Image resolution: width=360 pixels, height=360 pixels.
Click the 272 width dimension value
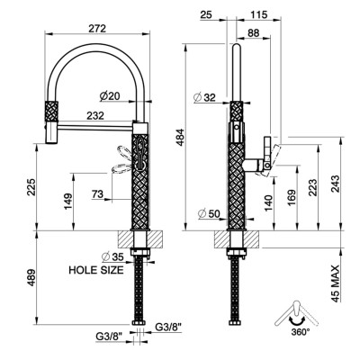point(97,29)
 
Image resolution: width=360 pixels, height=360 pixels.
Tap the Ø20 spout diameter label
point(110,96)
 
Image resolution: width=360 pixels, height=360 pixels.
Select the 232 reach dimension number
point(95,115)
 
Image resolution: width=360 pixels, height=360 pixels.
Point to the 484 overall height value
point(180,137)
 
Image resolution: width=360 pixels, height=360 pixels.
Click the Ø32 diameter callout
point(205,97)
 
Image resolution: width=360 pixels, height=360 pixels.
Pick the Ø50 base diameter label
point(209,213)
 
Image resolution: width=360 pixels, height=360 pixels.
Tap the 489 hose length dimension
point(31,277)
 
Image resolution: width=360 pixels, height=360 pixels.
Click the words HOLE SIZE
point(96,270)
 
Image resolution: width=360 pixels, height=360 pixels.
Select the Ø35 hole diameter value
point(112,257)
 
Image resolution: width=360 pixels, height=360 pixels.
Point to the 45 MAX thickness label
point(336,283)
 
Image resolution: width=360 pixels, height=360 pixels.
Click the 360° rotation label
point(301,332)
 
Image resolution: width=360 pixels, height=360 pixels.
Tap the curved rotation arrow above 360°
point(295,322)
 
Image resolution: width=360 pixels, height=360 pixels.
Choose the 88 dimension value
point(254,33)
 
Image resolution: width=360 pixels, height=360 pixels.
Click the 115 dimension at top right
point(258,14)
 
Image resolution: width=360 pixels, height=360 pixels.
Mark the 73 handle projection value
point(97,194)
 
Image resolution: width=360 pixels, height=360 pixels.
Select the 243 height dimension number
point(336,184)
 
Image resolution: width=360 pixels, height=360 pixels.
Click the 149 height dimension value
point(67,202)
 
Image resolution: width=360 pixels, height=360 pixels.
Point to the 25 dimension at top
point(206,14)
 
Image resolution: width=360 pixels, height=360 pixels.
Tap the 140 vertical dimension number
point(268,203)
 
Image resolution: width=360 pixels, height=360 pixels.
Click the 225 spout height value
point(31,187)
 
